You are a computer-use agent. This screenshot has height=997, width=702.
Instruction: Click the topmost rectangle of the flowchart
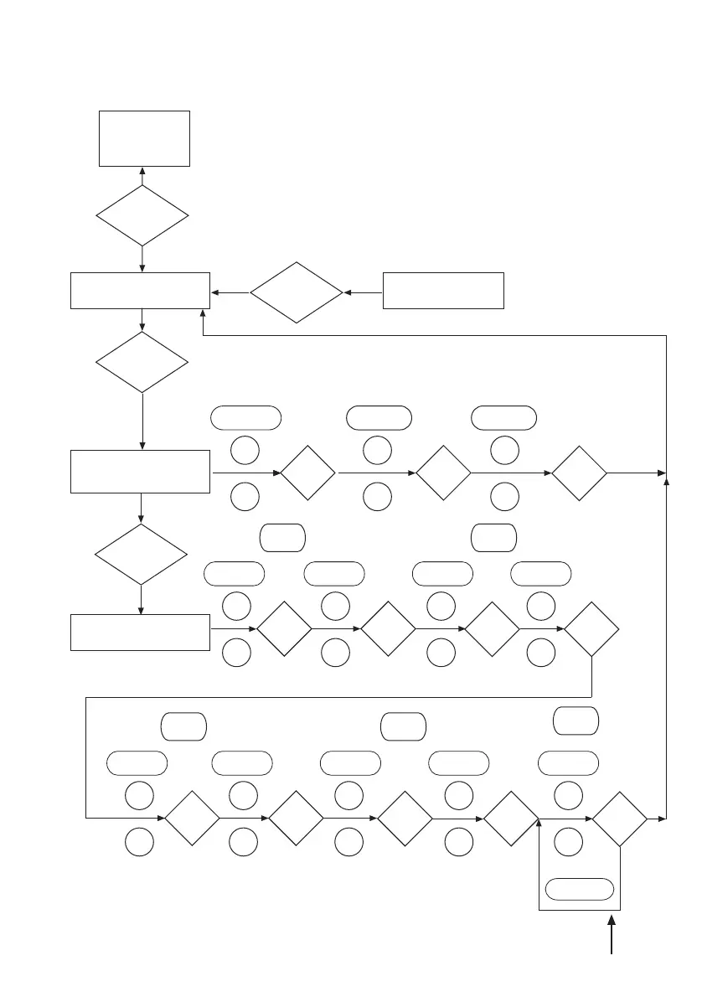(x=144, y=138)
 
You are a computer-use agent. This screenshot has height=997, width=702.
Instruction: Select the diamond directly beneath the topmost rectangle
(x=142, y=215)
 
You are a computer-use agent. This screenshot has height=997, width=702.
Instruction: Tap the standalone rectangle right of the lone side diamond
(x=443, y=291)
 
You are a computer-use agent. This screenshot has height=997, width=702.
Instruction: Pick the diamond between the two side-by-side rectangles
(x=297, y=293)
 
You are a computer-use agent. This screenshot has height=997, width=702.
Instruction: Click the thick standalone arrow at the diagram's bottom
(x=612, y=936)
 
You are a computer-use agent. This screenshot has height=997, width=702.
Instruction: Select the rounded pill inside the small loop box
(x=579, y=889)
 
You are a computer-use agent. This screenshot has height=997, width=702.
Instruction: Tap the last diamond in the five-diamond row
(x=620, y=818)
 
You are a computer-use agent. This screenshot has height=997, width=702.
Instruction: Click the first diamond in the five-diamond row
(x=191, y=818)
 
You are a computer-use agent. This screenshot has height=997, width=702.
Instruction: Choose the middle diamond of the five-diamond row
(x=405, y=818)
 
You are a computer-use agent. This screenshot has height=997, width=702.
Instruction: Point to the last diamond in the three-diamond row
(x=579, y=473)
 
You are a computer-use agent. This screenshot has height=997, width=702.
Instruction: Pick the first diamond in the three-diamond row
(x=307, y=473)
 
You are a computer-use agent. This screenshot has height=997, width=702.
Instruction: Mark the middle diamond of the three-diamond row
(x=443, y=473)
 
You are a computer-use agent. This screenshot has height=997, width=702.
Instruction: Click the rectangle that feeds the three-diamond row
(x=141, y=472)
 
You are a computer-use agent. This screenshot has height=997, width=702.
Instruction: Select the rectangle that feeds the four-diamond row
(x=140, y=632)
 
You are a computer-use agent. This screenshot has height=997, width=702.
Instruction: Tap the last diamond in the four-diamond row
(x=592, y=629)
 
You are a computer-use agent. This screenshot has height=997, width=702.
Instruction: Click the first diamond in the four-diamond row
(x=284, y=629)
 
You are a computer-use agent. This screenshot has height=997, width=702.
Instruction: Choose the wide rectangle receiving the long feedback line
(x=140, y=291)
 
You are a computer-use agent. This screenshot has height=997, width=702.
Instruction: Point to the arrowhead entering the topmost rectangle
(x=142, y=171)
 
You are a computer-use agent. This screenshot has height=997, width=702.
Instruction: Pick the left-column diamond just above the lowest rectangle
(x=142, y=555)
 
